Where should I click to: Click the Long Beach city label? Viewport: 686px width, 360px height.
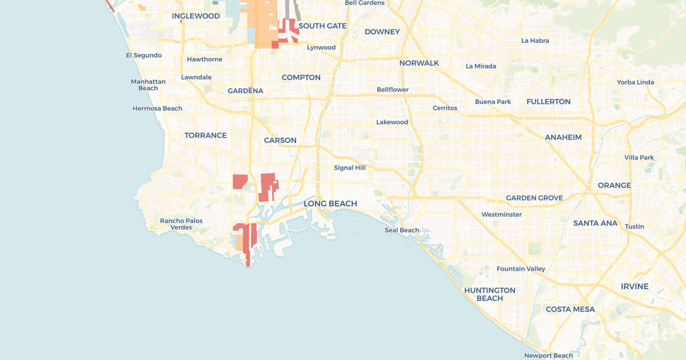click(x=330, y=203)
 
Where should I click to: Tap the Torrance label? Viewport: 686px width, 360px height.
click(x=205, y=135)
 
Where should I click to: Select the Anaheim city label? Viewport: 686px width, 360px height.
click(x=563, y=137)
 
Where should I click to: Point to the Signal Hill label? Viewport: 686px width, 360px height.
click(x=350, y=167)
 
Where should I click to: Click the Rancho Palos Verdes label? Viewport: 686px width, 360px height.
click(x=181, y=224)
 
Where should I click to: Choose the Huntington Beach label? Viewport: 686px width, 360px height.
click(x=490, y=294)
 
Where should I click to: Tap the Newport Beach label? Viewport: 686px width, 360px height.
click(x=548, y=355)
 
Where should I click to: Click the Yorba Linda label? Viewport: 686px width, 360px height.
click(x=635, y=82)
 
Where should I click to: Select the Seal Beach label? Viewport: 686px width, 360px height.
click(x=402, y=230)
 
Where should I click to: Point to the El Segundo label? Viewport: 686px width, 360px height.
click(x=144, y=55)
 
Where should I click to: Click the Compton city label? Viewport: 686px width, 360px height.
click(x=301, y=77)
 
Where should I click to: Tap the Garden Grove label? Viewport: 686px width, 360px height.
click(x=535, y=198)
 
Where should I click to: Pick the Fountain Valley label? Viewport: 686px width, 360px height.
click(x=521, y=269)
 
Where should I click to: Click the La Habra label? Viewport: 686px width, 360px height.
click(x=535, y=41)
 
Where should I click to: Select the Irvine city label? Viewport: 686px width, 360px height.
click(x=635, y=286)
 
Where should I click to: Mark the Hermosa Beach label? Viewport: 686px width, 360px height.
click(x=157, y=109)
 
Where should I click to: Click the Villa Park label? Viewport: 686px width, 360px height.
click(x=639, y=157)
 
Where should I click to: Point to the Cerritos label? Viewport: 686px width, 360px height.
click(x=445, y=107)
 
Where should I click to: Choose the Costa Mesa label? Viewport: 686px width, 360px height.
click(x=570, y=309)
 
